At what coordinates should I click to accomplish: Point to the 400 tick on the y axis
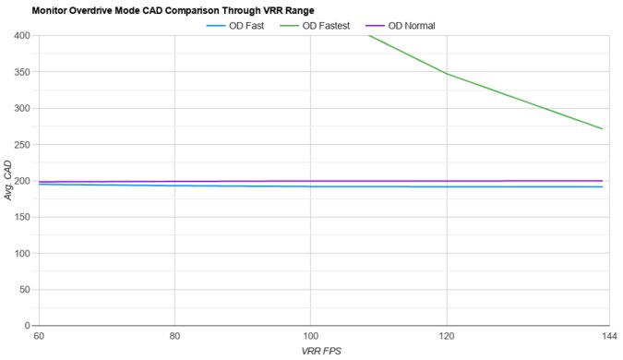point(22,36)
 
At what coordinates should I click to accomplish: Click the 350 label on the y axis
point(22,72)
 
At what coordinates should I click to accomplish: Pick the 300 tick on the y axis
point(22,108)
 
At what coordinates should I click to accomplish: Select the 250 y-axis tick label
point(22,145)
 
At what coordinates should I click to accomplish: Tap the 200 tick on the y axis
point(22,181)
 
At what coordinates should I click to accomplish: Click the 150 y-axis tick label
point(22,217)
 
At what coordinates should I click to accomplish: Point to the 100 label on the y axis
point(22,253)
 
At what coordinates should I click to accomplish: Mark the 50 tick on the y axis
point(25,290)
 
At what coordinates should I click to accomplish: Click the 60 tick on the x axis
point(38,336)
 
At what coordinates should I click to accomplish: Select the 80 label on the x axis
point(174,336)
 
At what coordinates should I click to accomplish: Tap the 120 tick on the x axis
point(448,336)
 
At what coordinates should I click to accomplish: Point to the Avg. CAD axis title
point(7,181)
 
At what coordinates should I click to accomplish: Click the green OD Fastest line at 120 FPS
point(448,74)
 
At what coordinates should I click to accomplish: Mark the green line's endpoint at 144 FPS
point(602,128)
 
